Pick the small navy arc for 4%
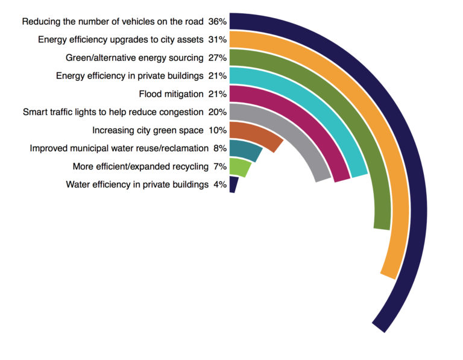pos(233,185)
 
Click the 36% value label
pos(217,22)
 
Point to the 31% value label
pos(217,40)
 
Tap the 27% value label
pos(217,58)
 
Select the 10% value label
pos(217,130)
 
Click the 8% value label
pos(219,148)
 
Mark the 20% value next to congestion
pos(217,112)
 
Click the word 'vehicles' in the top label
pos(125,22)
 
